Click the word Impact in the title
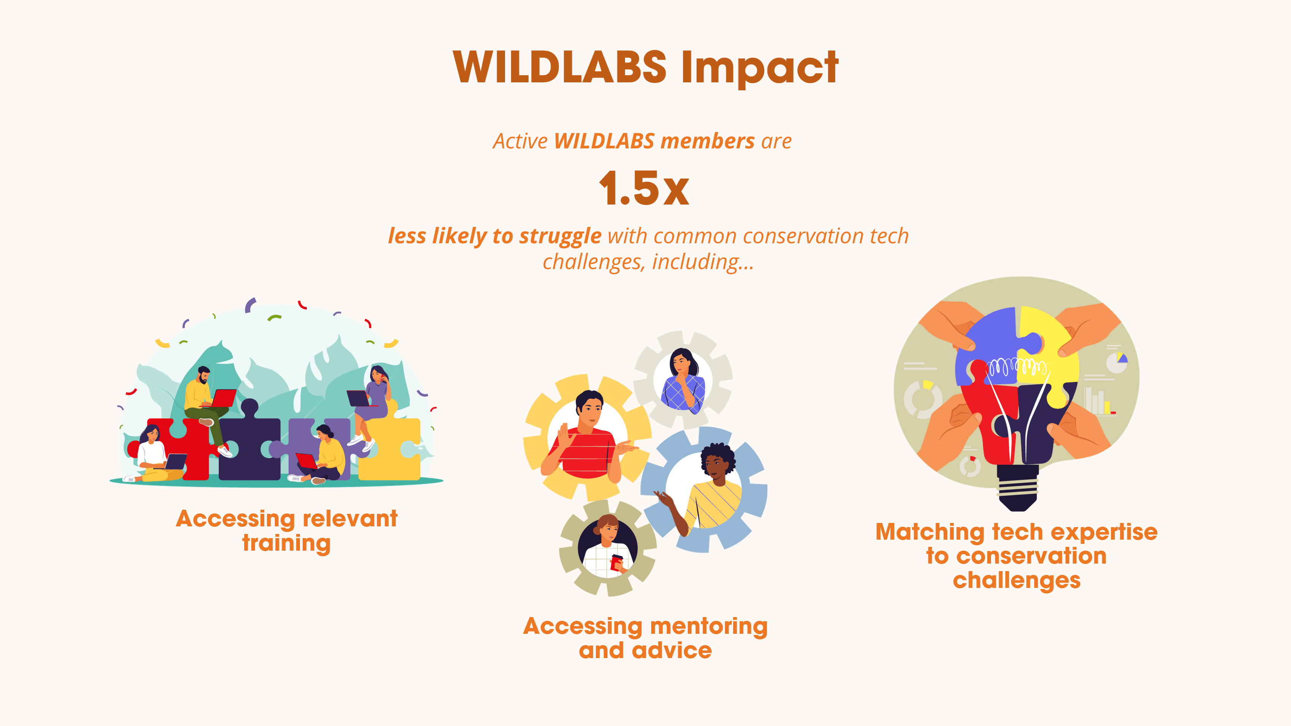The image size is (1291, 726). coord(760,69)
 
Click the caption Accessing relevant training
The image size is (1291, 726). coord(287,531)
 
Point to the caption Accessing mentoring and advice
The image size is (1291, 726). coord(645,638)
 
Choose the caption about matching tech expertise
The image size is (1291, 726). coord(1016,556)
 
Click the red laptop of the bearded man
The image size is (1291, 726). coord(223,398)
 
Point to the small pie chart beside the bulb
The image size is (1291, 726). coord(1117,362)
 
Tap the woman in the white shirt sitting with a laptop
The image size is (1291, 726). coord(153,454)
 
